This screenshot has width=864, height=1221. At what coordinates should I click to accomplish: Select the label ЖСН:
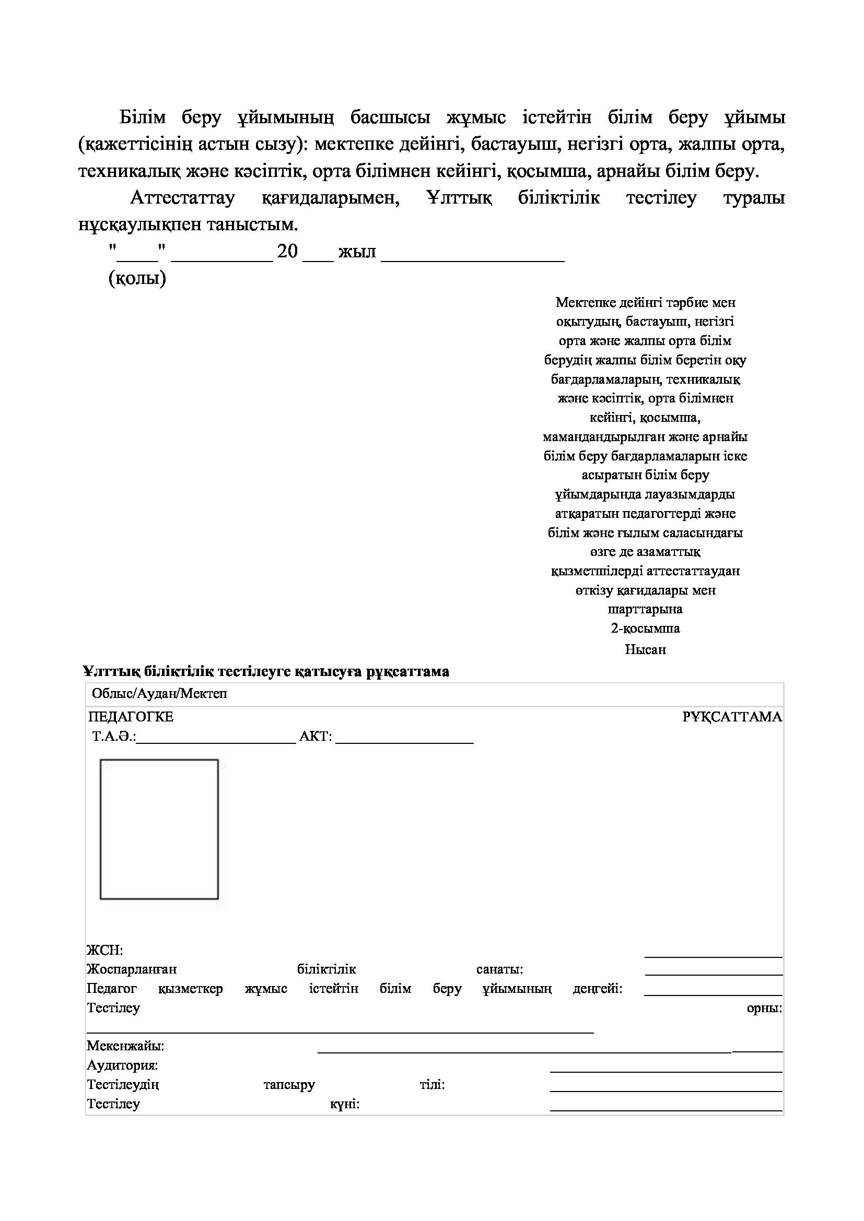click(105, 950)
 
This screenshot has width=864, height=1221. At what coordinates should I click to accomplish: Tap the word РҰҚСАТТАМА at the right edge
click(732, 717)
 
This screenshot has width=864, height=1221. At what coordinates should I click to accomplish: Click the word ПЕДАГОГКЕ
click(131, 717)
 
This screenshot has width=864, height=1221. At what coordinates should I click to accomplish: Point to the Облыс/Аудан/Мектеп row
click(160, 693)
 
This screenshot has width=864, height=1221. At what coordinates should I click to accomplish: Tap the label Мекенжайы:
click(125, 1046)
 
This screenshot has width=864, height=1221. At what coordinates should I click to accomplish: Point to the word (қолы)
click(137, 278)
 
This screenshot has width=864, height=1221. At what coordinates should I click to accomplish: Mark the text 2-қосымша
click(645, 629)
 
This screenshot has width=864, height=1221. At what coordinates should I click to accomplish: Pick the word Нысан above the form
click(645, 649)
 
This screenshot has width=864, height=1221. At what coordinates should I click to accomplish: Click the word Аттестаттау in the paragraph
click(182, 198)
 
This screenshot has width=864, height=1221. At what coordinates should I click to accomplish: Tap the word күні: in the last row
click(345, 1105)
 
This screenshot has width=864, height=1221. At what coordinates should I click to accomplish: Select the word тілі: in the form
click(432, 1084)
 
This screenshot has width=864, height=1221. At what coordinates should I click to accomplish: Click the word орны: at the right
click(765, 1007)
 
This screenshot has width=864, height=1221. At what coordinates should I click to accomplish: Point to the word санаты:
click(499, 969)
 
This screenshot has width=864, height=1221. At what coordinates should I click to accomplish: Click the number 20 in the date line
click(287, 252)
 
